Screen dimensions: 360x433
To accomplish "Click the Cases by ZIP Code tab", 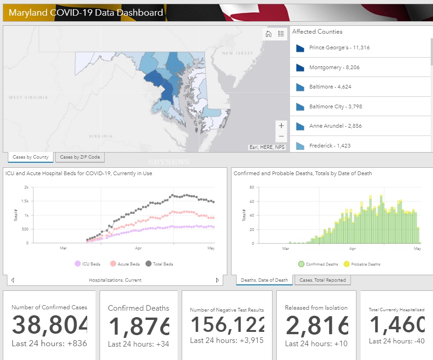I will point(80,158).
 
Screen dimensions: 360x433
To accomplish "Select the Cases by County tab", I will point(30,158).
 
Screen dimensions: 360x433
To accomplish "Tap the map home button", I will point(268,34).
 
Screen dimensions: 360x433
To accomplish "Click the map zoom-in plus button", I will point(281,125).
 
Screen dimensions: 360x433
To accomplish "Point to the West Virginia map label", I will point(28,98).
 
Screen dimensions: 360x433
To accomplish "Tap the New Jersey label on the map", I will point(237,53).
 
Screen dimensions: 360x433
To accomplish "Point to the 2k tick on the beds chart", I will point(26,188).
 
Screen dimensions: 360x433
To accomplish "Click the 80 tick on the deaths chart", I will point(252,188).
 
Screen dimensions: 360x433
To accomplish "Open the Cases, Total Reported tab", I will point(323,280).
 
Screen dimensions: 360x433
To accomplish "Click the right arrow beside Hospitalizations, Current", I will point(217,280).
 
